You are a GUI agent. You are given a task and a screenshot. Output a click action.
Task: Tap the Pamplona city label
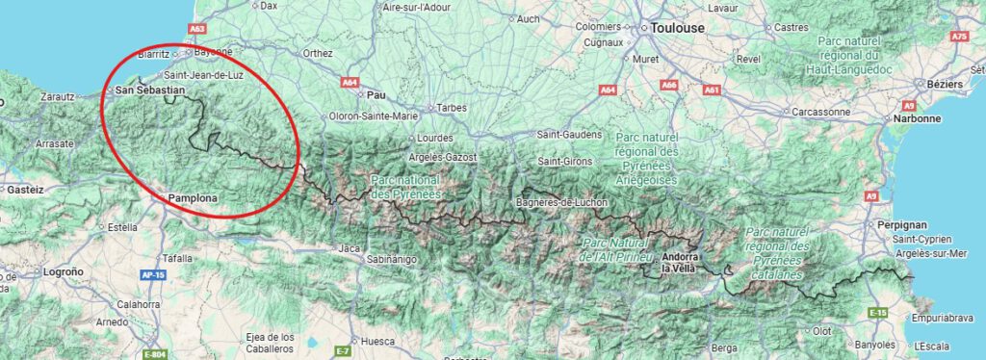click(194, 198)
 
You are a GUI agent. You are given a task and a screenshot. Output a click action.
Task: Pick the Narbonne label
click(916, 118)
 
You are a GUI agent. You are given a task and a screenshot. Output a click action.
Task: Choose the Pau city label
click(376, 95)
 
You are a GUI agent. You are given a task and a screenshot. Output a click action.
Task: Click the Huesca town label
click(376, 341)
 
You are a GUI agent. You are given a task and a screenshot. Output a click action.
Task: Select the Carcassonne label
click(818, 112)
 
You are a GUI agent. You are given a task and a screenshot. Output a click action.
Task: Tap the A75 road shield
click(958, 37)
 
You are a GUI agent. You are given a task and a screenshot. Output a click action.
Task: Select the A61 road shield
click(713, 90)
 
